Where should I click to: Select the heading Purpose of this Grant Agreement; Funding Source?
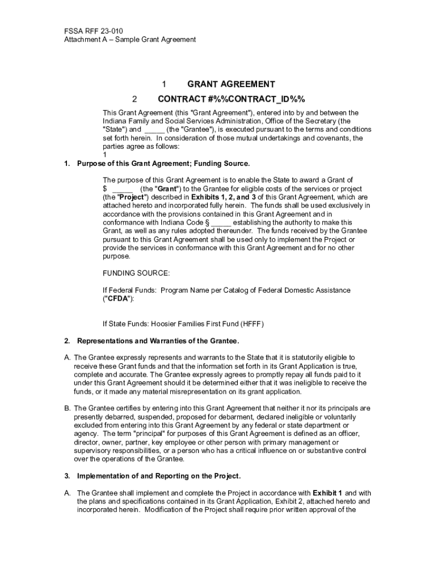[163, 164]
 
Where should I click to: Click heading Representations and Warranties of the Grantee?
[158, 341]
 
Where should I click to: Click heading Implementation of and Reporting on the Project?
[159, 476]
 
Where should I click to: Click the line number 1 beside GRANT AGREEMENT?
[163, 84]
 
